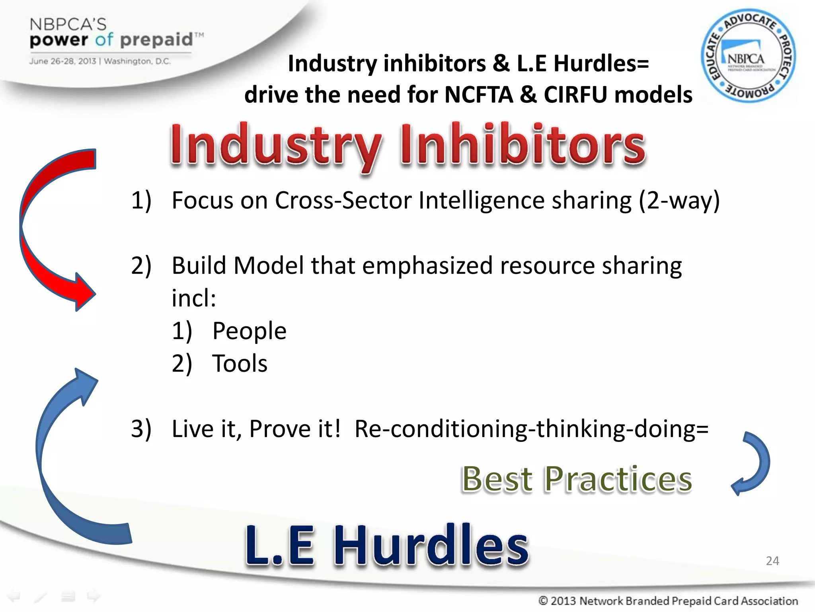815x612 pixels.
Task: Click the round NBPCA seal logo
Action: point(748,56)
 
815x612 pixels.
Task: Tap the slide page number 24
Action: point(772,561)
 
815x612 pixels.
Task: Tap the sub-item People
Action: point(249,331)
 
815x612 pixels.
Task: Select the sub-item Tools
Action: point(240,363)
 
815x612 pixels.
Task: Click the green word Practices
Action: point(618,479)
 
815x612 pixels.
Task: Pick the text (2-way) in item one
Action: point(679,200)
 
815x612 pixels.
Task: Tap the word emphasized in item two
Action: point(427,265)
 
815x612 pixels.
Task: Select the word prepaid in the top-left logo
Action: point(156,40)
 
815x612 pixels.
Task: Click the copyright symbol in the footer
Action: point(543,600)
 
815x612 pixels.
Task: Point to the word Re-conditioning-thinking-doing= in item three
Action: point(531,429)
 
